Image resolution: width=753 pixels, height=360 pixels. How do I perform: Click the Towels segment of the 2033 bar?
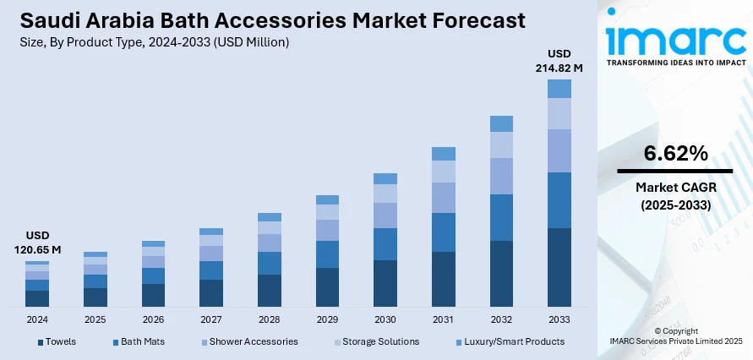pyautogui.click(x=559, y=267)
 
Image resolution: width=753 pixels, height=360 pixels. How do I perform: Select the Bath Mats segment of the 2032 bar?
pyautogui.click(x=501, y=217)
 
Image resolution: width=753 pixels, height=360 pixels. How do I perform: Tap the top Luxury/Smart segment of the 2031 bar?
pyautogui.click(x=444, y=153)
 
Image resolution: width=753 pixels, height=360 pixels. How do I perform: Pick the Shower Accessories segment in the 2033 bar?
pyautogui.click(x=559, y=150)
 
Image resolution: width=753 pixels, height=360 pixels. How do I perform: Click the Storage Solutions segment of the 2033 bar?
pyautogui.click(x=559, y=113)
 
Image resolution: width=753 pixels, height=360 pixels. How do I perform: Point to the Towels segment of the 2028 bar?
pyautogui.click(x=270, y=290)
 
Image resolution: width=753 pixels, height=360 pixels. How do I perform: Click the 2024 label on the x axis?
pyautogui.click(x=37, y=319)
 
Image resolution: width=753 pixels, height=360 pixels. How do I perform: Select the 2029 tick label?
pyautogui.click(x=327, y=319)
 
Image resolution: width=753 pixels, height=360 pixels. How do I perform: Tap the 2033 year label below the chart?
pyautogui.click(x=559, y=319)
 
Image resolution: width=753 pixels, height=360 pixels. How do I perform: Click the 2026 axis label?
pyautogui.click(x=153, y=319)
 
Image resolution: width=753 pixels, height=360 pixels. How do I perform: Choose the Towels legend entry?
pyautogui.click(x=59, y=341)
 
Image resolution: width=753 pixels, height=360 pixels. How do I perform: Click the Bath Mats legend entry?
pyautogui.click(x=141, y=341)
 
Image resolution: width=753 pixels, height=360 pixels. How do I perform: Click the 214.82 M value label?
pyautogui.click(x=559, y=67)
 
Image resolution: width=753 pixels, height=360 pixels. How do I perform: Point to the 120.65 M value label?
pyautogui.click(x=37, y=249)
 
